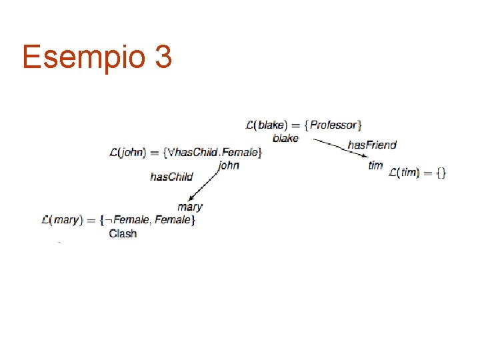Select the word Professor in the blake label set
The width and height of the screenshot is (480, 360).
pyautogui.click(x=334, y=125)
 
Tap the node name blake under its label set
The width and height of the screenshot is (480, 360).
pyautogui.click(x=285, y=138)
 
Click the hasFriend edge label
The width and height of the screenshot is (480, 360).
pyautogui.click(x=372, y=145)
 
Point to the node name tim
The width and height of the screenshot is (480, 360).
pyautogui.click(x=375, y=165)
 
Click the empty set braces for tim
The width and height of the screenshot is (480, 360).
pyautogui.click(x=441, y=173)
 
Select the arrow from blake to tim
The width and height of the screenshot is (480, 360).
pyautogui.click(x=340, y=149)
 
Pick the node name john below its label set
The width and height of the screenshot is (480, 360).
pyautogui.click(x=228, y=165)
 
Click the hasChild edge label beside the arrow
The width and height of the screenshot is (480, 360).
pyautogui.click(x=171, y=177)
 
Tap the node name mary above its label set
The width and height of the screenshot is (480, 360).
pyautogui.click(x=190, y=207)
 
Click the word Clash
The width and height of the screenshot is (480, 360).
pyautogui.click(x=123, y=233)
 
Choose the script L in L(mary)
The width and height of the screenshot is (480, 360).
pyautogui.click(x=46, y=219)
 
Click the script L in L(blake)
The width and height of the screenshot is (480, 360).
pyautogui.click(x=250, y=125)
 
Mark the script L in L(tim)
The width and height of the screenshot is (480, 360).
pyautogui.click(x=393, y=173)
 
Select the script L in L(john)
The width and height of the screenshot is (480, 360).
pyautogui.click(x=114, y=153)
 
